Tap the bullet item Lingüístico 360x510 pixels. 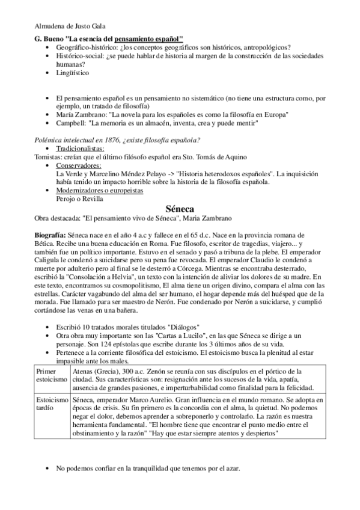73,73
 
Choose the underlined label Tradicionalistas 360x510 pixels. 80,148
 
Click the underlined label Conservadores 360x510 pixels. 78,165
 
